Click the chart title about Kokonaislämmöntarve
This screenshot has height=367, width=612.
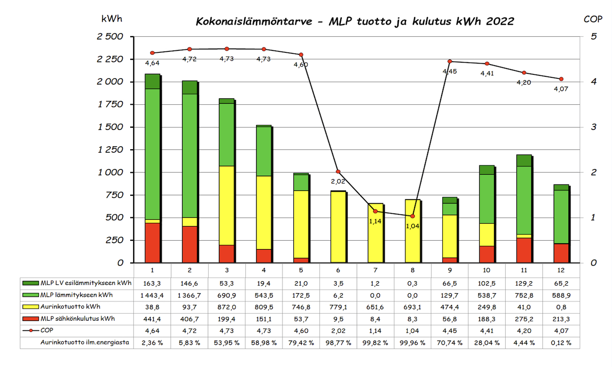coord(355,22)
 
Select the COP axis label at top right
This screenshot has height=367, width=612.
coord(593,19)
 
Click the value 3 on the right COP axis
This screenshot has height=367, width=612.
coord(593,127)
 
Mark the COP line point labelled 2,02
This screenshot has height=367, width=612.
coord(338,172)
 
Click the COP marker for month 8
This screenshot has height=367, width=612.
coord(412,216)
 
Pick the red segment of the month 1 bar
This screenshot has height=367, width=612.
coord(152,243)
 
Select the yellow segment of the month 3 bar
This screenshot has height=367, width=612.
coord(226,206)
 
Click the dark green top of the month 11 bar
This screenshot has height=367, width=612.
coord(524,161)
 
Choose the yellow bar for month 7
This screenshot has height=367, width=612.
coord(375,233)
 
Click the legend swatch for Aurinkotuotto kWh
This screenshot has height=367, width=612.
coord(30,307)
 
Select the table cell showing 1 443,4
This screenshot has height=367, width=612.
coord(152,295)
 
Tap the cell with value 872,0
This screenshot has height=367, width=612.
coord(226,307)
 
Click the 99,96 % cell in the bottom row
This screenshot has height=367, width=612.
coord(412,343)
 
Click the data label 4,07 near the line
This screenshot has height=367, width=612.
coord(561,89)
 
